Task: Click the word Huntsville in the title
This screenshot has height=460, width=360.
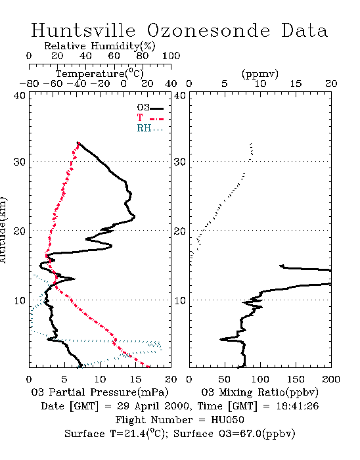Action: (83, 30)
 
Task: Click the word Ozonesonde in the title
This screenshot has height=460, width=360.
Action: (208, 30)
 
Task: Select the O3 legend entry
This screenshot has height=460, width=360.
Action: (150, 108)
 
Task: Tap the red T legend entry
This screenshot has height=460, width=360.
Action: (150, 118)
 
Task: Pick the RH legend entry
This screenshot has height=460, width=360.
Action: (150, 128)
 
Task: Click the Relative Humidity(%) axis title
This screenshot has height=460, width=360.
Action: (100, 46)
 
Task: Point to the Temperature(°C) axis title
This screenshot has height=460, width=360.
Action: (100, 74)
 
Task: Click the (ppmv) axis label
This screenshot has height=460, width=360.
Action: (260, 74)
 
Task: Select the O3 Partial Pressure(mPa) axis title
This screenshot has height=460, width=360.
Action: (100, 392)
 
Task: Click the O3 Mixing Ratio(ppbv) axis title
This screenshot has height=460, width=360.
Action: (259, 392)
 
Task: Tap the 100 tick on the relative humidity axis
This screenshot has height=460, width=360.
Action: (171, 56)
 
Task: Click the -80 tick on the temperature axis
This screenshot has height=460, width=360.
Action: (29, 83)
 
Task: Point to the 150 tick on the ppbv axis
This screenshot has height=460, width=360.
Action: (296, 379)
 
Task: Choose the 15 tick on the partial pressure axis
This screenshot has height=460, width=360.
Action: (135, 379)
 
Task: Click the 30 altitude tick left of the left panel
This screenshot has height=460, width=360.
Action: (19, 162)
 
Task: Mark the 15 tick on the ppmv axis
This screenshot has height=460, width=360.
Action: (296, 83)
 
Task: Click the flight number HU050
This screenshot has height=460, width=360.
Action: (227, 420)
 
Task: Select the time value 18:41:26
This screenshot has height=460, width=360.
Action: (298, 406)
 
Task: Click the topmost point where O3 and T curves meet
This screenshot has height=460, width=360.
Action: (78, 143)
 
